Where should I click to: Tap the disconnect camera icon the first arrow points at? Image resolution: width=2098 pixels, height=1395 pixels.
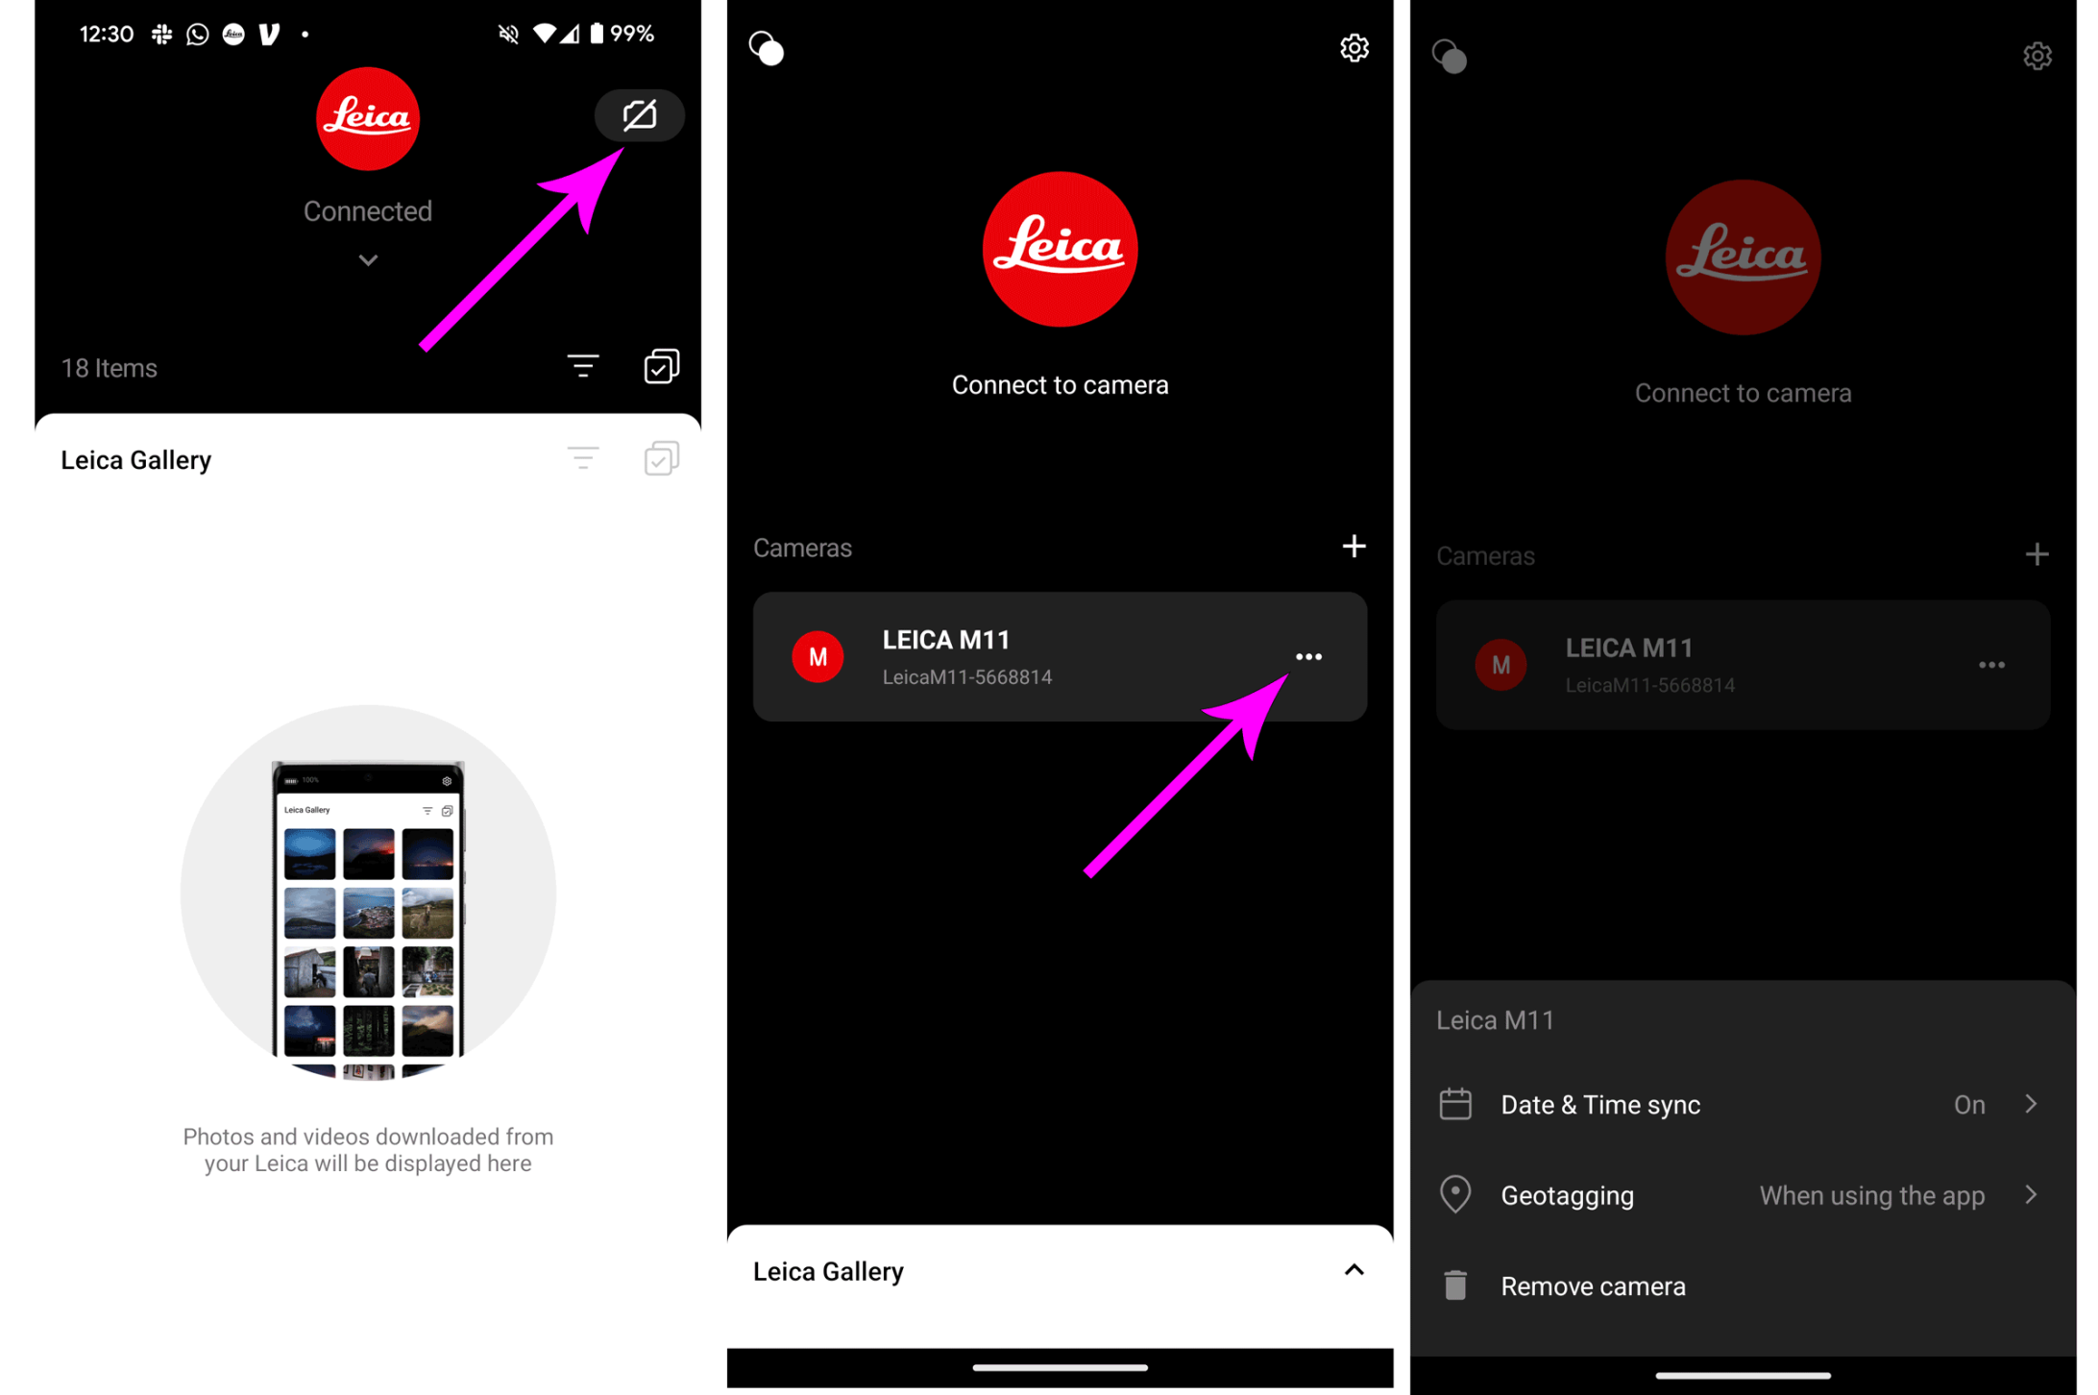(x=640, y=115)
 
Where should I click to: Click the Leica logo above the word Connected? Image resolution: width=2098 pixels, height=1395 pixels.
(x=368, y=119)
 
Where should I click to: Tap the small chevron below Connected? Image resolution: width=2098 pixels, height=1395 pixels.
(x=368, y=260)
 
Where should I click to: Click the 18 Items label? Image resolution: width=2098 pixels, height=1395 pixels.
(x=109, y=368)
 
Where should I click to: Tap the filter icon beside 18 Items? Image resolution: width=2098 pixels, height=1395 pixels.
(x=583, y=366)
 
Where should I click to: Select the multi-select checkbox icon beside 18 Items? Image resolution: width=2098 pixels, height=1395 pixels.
(x=662, y=366)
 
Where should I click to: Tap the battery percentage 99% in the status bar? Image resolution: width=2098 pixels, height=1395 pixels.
(x=632, y=34)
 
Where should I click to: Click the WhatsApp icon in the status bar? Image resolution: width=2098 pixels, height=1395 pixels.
(x=198, y=35)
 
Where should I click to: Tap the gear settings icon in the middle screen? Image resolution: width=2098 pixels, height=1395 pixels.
(x=1354, y=48)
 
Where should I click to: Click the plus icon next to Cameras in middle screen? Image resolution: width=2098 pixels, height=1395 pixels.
(x=1354, y=546)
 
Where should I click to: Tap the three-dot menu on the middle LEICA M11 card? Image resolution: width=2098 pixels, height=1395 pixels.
(x=1308, y=657)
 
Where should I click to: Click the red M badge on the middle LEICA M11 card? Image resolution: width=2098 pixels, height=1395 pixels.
(x=817, y=657)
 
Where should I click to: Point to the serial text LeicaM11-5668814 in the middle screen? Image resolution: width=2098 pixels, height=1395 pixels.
(x=966, y=677)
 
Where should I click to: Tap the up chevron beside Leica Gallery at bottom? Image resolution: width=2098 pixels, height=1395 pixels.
(x=1354, y=1270)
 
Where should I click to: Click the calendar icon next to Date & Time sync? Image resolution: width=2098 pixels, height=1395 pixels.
(x=1455, y=1104)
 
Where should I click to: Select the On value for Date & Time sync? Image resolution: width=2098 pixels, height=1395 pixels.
(x=1969, y=1105)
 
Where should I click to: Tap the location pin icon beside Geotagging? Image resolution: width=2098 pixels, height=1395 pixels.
(x=1455, y=1194)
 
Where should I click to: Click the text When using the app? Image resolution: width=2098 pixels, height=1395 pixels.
(x=1871, y=1195)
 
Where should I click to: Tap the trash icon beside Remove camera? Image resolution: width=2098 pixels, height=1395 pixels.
(x=1455, y=1285)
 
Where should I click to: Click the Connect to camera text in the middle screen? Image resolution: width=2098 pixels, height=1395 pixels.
(x=1060, y=384)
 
